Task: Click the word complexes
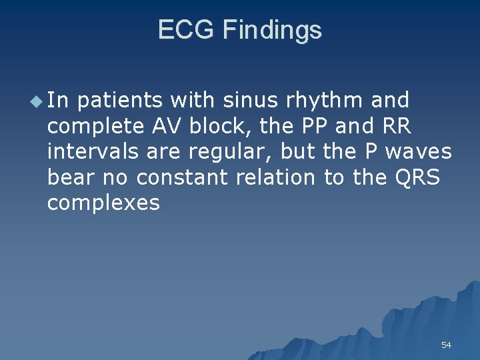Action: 103,203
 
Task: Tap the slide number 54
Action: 446,345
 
